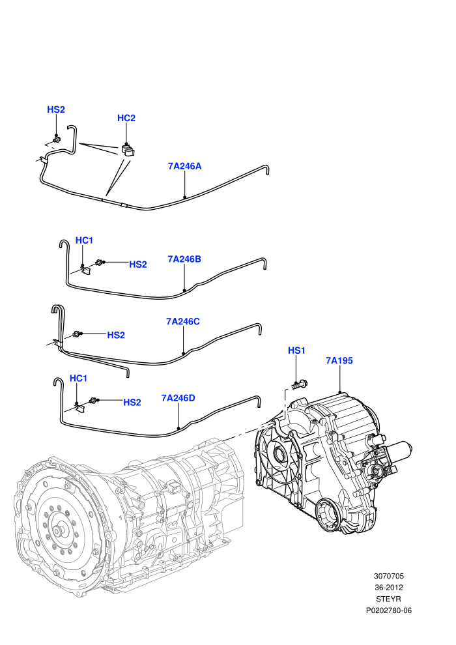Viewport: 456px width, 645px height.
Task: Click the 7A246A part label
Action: (184, 166)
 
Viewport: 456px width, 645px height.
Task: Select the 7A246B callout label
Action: (184, 259)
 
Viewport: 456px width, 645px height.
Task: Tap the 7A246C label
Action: (183, 321)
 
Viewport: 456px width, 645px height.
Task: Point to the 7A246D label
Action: (178, 398)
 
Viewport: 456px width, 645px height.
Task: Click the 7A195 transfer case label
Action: (339, 360)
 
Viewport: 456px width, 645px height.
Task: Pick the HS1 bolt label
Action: (296, 351)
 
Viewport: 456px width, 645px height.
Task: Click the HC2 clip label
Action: (126, 118)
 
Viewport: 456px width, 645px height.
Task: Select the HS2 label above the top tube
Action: (56, 109)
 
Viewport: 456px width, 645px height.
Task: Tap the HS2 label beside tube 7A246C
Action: (116, 336)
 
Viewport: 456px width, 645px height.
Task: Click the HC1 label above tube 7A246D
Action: (78, 379)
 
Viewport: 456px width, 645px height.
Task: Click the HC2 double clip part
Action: (128, 150)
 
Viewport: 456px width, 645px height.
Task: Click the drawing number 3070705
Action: (388, 576)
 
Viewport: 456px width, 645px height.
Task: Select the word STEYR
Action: (388, 599)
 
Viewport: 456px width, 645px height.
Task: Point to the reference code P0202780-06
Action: (388, 610)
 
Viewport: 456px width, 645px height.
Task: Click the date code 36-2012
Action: (388, 588)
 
